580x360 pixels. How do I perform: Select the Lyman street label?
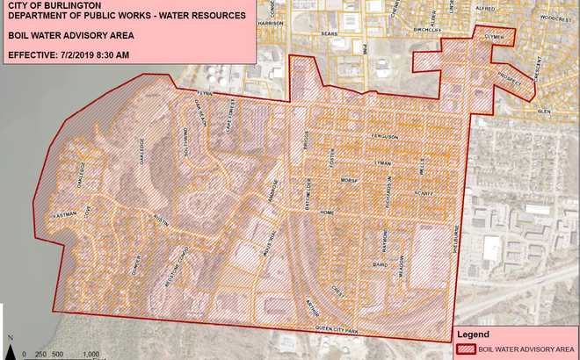click(x=381, y=163)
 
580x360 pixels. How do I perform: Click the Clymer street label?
click(x=494, y=37)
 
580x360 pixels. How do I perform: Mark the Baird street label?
click(x=380, y=263)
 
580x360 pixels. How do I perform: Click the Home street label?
click(x=328, y=213)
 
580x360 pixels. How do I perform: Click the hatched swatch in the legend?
click(x=466, y=348)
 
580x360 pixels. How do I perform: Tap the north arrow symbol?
click(x=8, y=341)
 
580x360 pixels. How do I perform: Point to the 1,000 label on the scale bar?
click(x=91, y=354)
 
